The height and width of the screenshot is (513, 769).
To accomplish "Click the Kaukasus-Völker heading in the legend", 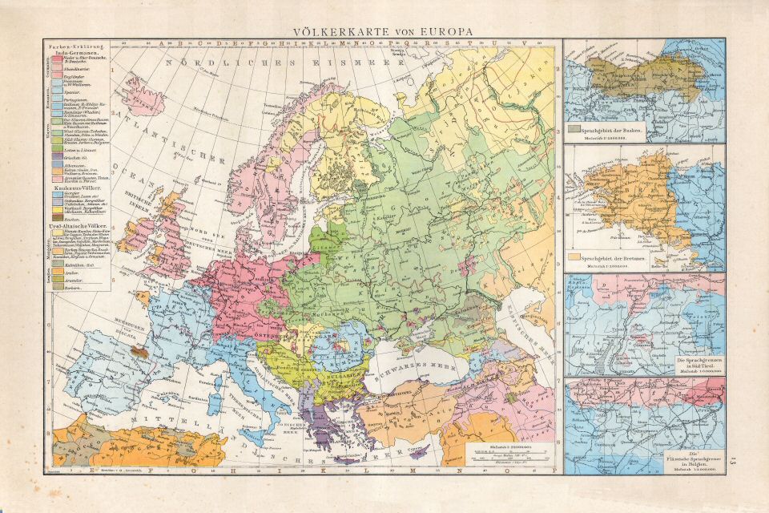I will [74, 184].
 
